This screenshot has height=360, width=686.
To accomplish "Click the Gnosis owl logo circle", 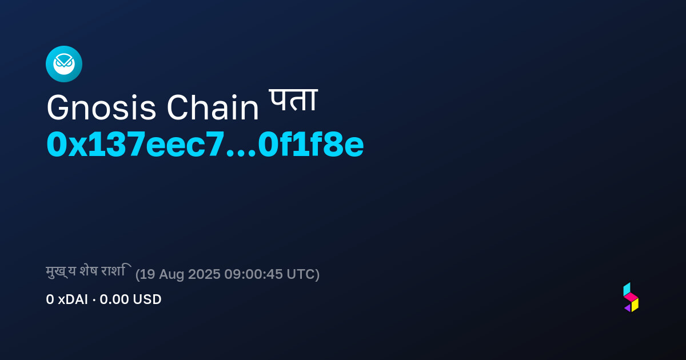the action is [x=64, y=64].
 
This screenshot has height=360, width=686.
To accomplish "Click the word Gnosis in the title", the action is [x=101, y=108].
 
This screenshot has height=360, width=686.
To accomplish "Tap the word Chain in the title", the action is [x=213, y=107].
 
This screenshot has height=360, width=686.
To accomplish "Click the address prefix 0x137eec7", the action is [x=135, y=144].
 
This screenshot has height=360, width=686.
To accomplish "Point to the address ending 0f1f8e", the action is [x=311, y=144].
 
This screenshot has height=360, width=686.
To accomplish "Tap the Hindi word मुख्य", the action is [x=61, y=271].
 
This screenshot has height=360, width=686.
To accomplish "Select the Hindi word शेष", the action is [x=89, y=271].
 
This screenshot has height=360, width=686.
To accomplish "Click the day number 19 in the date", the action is [x=147, y=274].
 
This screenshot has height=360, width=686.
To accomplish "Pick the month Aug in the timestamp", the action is [x=171, y=275].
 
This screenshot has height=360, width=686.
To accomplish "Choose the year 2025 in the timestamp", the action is [x=204, y=274].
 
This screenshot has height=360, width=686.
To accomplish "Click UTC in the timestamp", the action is [x=301, y=274].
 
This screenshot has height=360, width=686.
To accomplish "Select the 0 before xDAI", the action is [x=50, y=299].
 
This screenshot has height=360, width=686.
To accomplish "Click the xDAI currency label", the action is [x=73, y=299].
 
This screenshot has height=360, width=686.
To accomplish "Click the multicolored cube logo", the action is [x=631, y=297].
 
